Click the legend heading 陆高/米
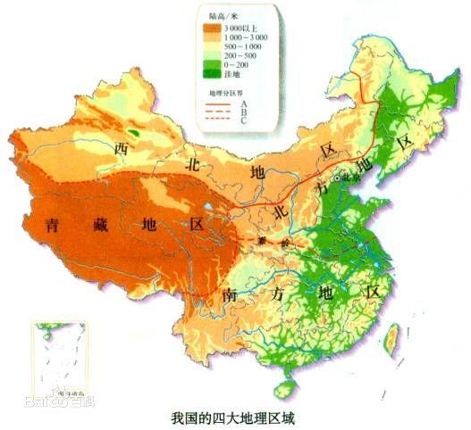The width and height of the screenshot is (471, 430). (219, 14)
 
